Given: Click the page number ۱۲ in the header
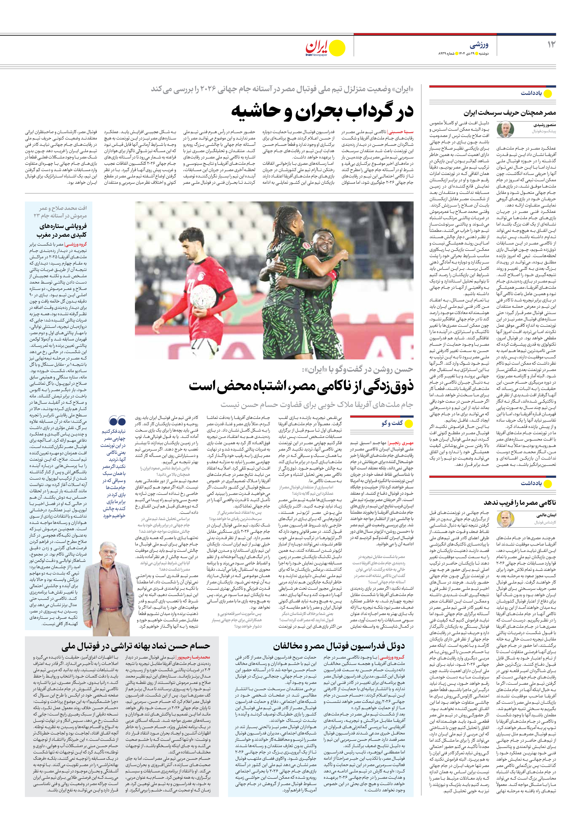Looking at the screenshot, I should [x=551, y=44].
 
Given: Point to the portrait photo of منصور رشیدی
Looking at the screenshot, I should [x=505, y=129].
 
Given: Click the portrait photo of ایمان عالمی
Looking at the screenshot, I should [x=505, y=519].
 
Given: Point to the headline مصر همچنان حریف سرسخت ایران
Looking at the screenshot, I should [x=510, y=113].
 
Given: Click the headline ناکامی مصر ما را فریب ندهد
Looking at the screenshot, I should [x=520, y=503].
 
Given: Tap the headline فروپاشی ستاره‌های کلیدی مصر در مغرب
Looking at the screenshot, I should [x=63, y=230].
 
